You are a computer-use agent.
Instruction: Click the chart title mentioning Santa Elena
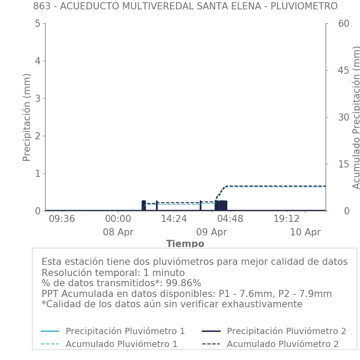point(185,6)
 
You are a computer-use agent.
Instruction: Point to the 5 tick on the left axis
point(38,23)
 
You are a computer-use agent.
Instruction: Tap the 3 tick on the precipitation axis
point(38,98)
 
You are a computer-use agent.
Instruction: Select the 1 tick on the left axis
point(38,173)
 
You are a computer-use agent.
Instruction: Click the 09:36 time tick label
point(62,219)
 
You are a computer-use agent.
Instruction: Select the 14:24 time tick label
point(174,219)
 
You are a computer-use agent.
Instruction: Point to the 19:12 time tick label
point(286,219)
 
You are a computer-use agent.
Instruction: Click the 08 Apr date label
point(118,232)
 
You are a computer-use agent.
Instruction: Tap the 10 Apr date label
point(305,232)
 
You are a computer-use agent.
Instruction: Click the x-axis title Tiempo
point(185,244)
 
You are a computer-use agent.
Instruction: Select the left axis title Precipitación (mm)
point(27,117)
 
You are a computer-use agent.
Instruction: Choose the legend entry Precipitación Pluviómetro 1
point(125,331)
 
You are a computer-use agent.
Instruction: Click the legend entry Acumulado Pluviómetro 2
point(282,344)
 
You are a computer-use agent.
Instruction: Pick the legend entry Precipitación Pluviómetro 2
point(286,331)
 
